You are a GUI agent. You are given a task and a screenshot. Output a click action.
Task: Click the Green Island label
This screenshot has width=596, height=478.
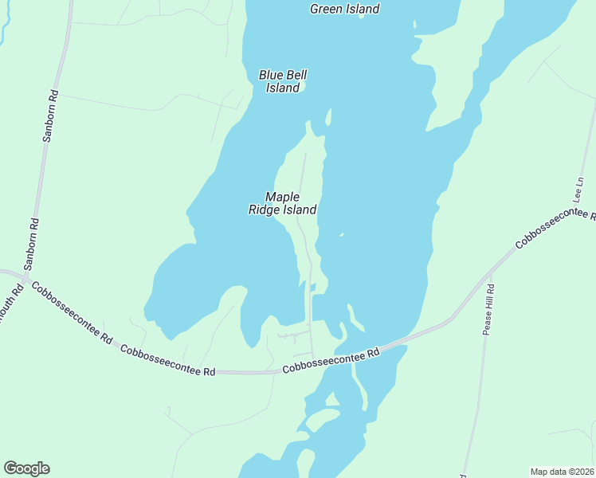[344, 10]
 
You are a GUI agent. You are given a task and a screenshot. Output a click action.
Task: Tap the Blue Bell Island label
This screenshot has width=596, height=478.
[283, 81]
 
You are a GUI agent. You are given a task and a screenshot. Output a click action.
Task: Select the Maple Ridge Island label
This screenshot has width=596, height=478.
[281, 203]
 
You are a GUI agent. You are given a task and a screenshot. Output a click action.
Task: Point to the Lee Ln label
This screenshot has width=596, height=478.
[579, 192]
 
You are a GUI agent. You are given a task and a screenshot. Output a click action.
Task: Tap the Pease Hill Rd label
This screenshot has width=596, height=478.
[489, 310]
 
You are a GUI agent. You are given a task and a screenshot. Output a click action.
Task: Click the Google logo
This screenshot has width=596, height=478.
[26, 468]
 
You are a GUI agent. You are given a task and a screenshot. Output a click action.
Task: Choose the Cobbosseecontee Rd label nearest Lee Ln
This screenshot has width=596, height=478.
[555, 231]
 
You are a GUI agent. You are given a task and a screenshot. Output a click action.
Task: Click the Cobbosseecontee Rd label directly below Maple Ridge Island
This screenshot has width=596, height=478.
[330, 361]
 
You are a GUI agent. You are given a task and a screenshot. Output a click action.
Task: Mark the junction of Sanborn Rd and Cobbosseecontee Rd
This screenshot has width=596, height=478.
[25, 280]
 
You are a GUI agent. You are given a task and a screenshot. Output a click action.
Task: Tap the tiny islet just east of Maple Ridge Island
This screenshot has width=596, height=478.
[341, 235]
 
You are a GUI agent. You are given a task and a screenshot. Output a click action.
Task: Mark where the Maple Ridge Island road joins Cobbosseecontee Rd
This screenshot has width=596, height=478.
[312, 358]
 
